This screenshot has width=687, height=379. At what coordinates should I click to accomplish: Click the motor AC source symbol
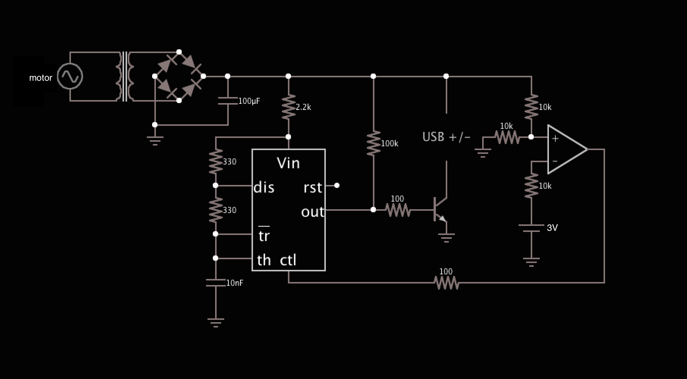(70, 77)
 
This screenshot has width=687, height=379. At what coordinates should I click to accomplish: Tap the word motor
(41, 78)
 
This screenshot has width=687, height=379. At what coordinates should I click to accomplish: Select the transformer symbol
(125, 77)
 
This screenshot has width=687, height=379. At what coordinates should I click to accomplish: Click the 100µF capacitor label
(249, 101)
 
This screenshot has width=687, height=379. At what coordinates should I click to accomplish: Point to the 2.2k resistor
(289, 107)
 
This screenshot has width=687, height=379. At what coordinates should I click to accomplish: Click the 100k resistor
(374, 143)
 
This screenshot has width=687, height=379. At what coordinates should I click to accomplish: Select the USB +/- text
(446, 137)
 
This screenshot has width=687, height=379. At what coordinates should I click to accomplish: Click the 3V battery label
(552, 228)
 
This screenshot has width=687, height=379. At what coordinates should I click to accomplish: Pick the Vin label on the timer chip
(288, 163)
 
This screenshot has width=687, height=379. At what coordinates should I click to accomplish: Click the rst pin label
(313, 188)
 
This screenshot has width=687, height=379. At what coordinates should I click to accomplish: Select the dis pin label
(264, 188)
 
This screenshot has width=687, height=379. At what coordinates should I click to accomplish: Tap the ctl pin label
(288, 260)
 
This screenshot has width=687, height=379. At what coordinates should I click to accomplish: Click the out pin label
(313, 212)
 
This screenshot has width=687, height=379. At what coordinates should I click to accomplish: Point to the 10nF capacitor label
(234, 283)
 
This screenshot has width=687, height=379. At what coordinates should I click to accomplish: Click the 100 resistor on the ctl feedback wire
(446, 283)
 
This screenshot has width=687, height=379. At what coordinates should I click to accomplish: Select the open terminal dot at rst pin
(337, 185)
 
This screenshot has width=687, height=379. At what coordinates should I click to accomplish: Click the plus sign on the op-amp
(555, 139)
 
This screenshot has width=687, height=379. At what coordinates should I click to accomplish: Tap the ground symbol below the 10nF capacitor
(215, 322)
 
